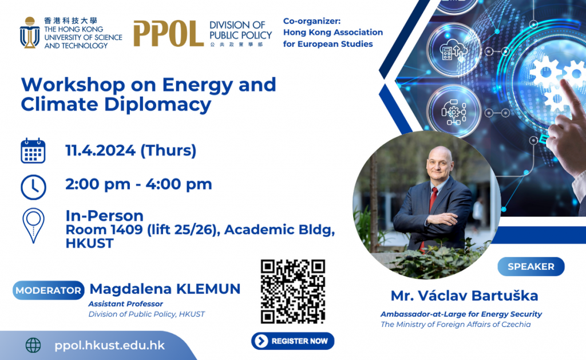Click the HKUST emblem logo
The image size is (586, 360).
[x=30, y=33]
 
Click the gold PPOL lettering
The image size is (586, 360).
[x=168, y=34]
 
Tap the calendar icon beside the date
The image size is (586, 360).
[x=33, y=151]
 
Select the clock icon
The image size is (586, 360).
[x=33, y=187]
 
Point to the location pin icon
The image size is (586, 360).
[x=33, y=226]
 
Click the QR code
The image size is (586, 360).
[x=292, y=291]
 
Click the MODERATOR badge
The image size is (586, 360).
[x=48, y=291]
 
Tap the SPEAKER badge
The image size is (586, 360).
[x=530, y=267]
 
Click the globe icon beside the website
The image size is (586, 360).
[x=33, y=346]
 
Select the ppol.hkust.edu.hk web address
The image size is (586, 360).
[x=109, y=346]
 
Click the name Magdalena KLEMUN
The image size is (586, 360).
[x=165, y=289]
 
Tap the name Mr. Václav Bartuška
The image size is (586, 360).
[x=464, y=296]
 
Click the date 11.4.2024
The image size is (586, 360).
[x=101, y=151]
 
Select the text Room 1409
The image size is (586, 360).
[x=104, y=230]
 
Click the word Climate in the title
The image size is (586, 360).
[x=60, y=104]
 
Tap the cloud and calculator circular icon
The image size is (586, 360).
[x=454, y=50]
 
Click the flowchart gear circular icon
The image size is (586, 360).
[x=454, y=112]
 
